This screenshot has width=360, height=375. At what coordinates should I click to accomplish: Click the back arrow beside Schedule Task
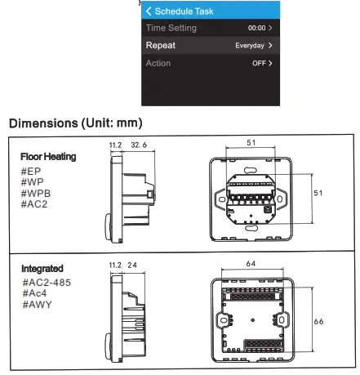tap(149, 11)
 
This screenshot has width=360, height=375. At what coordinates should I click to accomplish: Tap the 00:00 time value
tap(256, 28)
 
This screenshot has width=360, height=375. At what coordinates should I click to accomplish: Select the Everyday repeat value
tap(250, 46)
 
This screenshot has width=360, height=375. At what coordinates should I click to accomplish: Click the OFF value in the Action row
tap(259, 63)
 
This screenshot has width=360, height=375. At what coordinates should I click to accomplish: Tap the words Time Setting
tap(171, 28)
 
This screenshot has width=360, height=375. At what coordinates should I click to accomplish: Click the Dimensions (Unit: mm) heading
tap(76, 123)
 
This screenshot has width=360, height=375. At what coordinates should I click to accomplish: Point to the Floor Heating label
tap(48, 157)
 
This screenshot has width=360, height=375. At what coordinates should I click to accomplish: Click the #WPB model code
tap(36, 194)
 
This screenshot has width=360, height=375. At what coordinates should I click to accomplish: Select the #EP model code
tap(31, 172)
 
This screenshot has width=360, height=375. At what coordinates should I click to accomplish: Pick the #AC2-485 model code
tap(47, 283)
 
